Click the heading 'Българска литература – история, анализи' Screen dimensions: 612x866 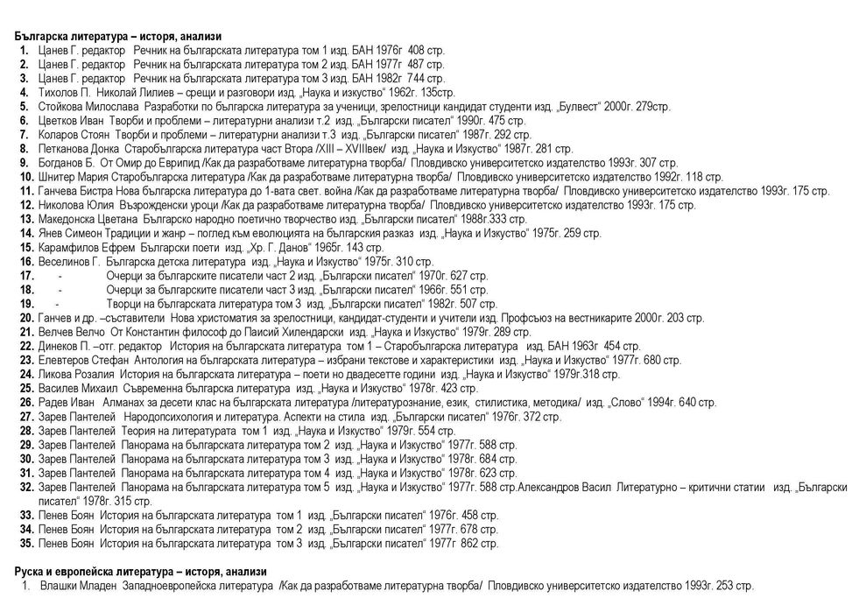coord(118,36)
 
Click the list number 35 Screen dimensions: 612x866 coord(25,543)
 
